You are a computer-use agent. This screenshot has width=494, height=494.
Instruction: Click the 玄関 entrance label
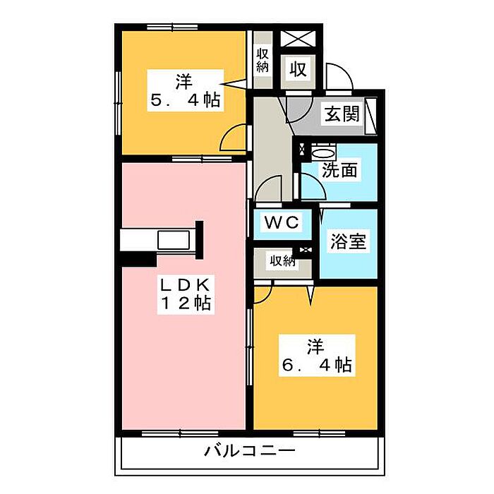[342, 114]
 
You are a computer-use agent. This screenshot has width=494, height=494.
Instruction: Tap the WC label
[282, 222]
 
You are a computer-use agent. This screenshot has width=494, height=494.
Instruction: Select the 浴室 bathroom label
[348, 241]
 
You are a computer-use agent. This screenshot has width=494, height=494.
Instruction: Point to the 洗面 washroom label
[339, 170]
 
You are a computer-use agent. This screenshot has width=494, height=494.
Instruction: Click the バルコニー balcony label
[250, 450]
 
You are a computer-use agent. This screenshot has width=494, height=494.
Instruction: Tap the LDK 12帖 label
[186, 294]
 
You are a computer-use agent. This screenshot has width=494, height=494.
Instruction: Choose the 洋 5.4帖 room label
[185, 91]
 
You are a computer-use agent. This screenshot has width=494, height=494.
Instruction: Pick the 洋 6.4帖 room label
[317, 356]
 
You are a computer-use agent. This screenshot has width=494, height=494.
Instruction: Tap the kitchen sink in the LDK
[174, 240]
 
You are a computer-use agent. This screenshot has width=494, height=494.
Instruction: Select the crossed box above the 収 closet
[298, 39]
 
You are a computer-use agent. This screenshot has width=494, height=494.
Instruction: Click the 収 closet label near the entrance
[298, 68]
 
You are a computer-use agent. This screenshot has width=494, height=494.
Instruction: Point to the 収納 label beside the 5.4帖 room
[262, 61]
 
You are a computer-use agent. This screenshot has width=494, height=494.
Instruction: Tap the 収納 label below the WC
[282, 260]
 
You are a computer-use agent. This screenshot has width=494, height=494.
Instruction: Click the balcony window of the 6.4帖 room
[319, 434]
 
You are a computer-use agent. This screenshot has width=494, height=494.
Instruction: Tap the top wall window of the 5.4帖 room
[172, 28]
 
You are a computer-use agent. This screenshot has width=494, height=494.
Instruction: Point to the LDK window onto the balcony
[180, 434]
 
